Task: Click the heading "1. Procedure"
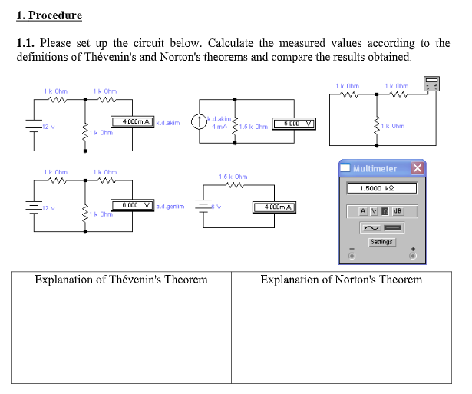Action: [49, 15]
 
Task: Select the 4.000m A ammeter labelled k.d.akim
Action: [132, 121]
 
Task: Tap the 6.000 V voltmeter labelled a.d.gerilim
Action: [132, 206]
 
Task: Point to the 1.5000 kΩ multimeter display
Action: [381, 188]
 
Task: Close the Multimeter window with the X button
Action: [417, 168]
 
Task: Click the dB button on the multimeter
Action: [397, 211]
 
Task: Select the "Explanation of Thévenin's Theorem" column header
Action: [121, 280]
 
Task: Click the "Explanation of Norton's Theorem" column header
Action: [341, 280]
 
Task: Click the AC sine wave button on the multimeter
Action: [371, 227]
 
